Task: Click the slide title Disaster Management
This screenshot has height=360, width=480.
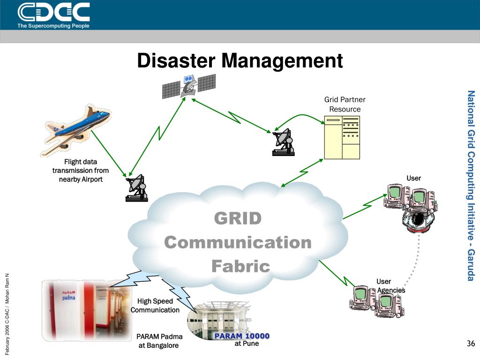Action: (240, 61)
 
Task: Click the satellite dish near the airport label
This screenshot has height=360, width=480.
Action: (136, 188)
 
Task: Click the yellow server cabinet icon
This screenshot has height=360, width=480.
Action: (342, 137)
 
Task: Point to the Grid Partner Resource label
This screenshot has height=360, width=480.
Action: (345, 104)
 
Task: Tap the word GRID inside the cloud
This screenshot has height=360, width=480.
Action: (238, 218)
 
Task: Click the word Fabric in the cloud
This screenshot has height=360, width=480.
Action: (240, 266)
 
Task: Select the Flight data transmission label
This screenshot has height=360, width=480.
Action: (81, 171)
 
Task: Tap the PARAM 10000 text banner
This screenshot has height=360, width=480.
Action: (242, 336)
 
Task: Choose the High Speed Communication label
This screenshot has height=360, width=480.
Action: (155, 306)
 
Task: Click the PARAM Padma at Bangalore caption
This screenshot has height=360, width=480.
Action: (159, 341)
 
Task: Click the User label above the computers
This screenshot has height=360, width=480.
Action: (413, 178)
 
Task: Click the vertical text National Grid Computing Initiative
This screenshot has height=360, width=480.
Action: (472, 186)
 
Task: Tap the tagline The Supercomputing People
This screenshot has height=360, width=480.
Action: (53, 26)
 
